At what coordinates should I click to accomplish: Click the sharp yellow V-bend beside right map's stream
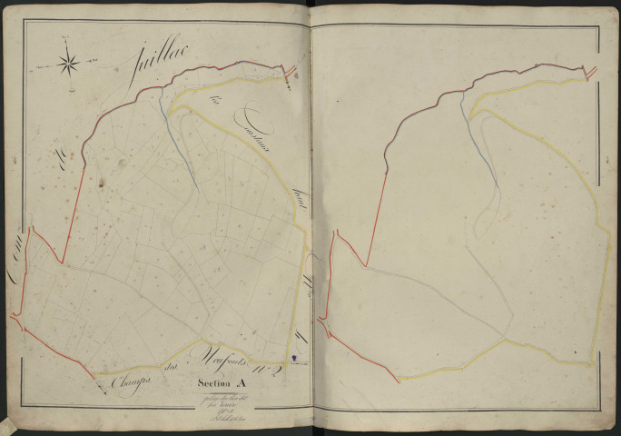click(472, 111)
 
